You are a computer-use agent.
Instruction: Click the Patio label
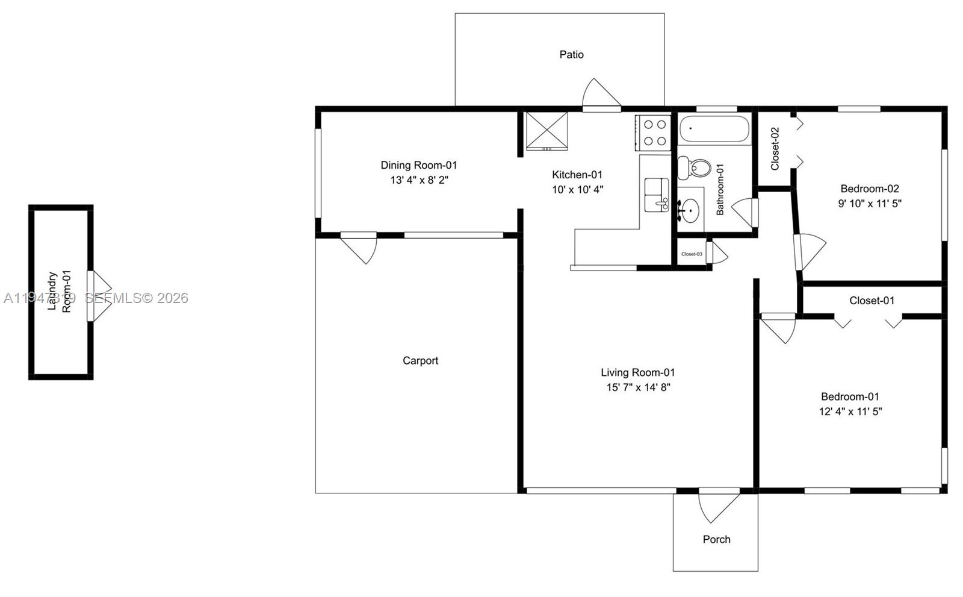[571, 55]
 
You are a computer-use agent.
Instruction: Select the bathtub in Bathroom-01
[714, 129]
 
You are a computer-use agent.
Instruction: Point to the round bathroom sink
[690, 210]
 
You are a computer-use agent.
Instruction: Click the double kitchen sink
[657, 195]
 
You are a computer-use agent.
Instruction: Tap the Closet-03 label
[691, 254]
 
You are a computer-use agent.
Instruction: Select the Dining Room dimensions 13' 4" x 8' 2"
[419, 180]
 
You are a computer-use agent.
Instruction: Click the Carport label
[420, 361]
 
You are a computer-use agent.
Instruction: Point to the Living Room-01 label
[637, 373]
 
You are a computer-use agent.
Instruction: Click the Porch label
[716, 540]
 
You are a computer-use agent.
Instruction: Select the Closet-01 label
[872, 301]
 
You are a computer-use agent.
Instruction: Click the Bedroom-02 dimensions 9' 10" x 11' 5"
[870, 204]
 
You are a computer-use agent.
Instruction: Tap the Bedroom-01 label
[850, 397]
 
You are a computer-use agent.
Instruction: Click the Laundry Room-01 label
[60, 292]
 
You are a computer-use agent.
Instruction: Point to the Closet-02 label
[775, 148]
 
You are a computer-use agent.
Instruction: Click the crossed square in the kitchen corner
[547, 130]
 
